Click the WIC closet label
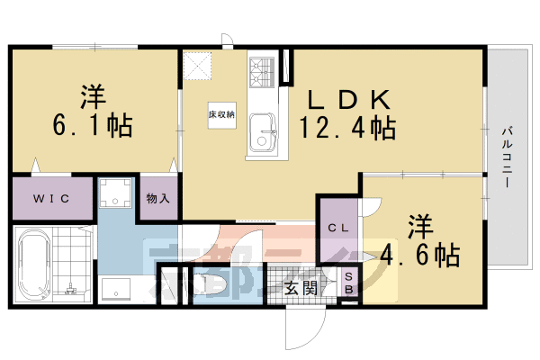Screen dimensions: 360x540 pyautogui.click(x=50, y=196)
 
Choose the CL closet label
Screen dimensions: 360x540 pyautogui.click(x=337, y=228)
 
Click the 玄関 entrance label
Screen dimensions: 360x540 pyautogui.click(x=301, y=288)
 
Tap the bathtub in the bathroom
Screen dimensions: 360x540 pyautogui.click(x=33, y=265)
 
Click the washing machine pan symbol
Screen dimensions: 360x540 pyautogui.click(x=115, y=193)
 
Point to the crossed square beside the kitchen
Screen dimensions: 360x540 pyautogui.click(x=196, y=67)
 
